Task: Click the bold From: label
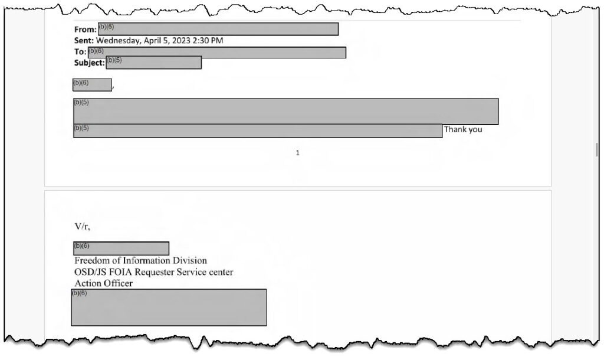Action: [x=85, y=30]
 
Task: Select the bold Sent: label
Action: [x=84, y=41]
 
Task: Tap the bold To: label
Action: [x=80, y=52]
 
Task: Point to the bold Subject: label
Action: [x=90, y=63]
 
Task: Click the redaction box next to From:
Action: [x=218, y=29]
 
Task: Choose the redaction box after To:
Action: [x=217, y=53]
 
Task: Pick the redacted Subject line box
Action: [x=154, y=63]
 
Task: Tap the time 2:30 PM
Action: [x=208, y=41]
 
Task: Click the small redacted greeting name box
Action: [x=93, y=85]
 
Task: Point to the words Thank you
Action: [x=463, y=129]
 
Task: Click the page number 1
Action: [x=297, y=153]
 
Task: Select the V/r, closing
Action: [x=83, y=227]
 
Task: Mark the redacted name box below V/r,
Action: [x=121, y=248]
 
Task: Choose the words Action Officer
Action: [x=103, y=283]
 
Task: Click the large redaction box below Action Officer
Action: [x=169, y=307]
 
